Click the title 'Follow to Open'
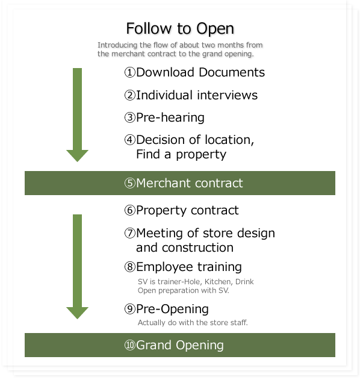click(180, 29)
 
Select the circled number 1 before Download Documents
click(130, 72)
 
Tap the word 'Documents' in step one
click(232, 72)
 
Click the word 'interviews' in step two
click(227, 95)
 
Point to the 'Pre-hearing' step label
click(170, 117)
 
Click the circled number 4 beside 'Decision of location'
click(130, 140)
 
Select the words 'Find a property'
click(181, 155)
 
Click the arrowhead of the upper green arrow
click(77, 156)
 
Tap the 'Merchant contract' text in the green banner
click(189, 183)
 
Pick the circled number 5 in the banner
click(130, 183)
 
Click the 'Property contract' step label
click(187, 210)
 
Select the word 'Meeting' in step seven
click(160, 233)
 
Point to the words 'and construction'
click(185, 248)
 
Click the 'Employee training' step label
click(189, 267)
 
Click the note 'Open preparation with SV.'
click(184, 290)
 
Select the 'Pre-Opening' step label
click(172, 309)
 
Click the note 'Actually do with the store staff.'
click(193, 323)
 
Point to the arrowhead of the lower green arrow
click(77, 313)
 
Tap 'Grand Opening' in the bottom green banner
click(180, 345)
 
